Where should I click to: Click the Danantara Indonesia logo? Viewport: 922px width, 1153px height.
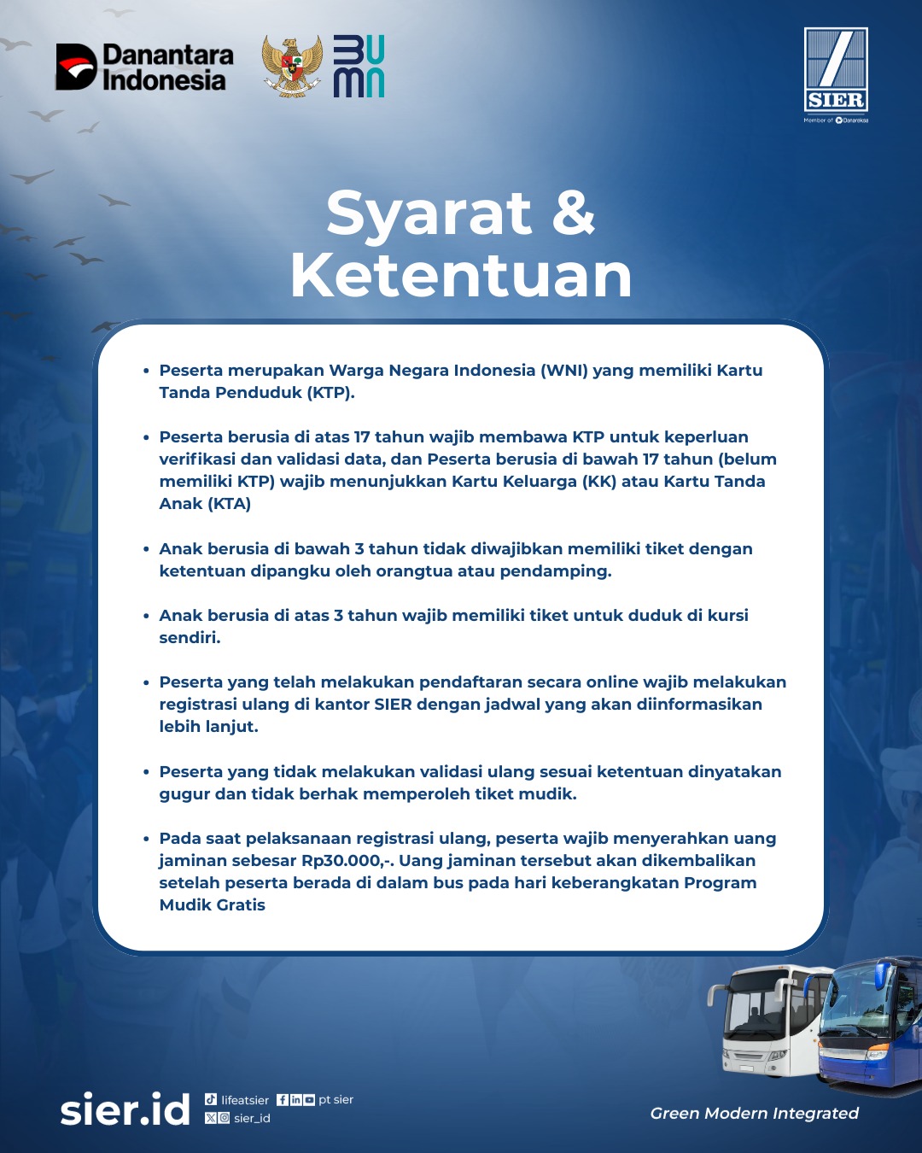coord(144,67)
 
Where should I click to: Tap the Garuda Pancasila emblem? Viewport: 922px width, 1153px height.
coord(292,66)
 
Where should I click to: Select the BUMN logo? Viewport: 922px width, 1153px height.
coord(359,67)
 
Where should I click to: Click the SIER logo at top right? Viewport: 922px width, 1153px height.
coord(836,71)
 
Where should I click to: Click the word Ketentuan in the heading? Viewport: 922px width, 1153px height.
coord(461,275)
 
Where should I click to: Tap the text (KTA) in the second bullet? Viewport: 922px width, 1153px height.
coord(229,504)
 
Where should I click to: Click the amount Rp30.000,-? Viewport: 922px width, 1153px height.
coord(347,861)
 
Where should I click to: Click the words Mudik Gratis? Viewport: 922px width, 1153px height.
coord(213,905)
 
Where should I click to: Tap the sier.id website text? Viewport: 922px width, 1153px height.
coord(125,1109)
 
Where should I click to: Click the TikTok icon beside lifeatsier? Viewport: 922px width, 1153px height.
coord(211,1099)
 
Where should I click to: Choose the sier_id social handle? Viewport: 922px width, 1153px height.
coord(252,1118)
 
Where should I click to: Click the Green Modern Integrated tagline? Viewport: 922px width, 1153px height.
coord(754,1113)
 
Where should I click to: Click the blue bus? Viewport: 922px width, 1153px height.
coord(871,1025)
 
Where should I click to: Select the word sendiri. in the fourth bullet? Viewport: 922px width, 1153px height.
coord(190,638)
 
